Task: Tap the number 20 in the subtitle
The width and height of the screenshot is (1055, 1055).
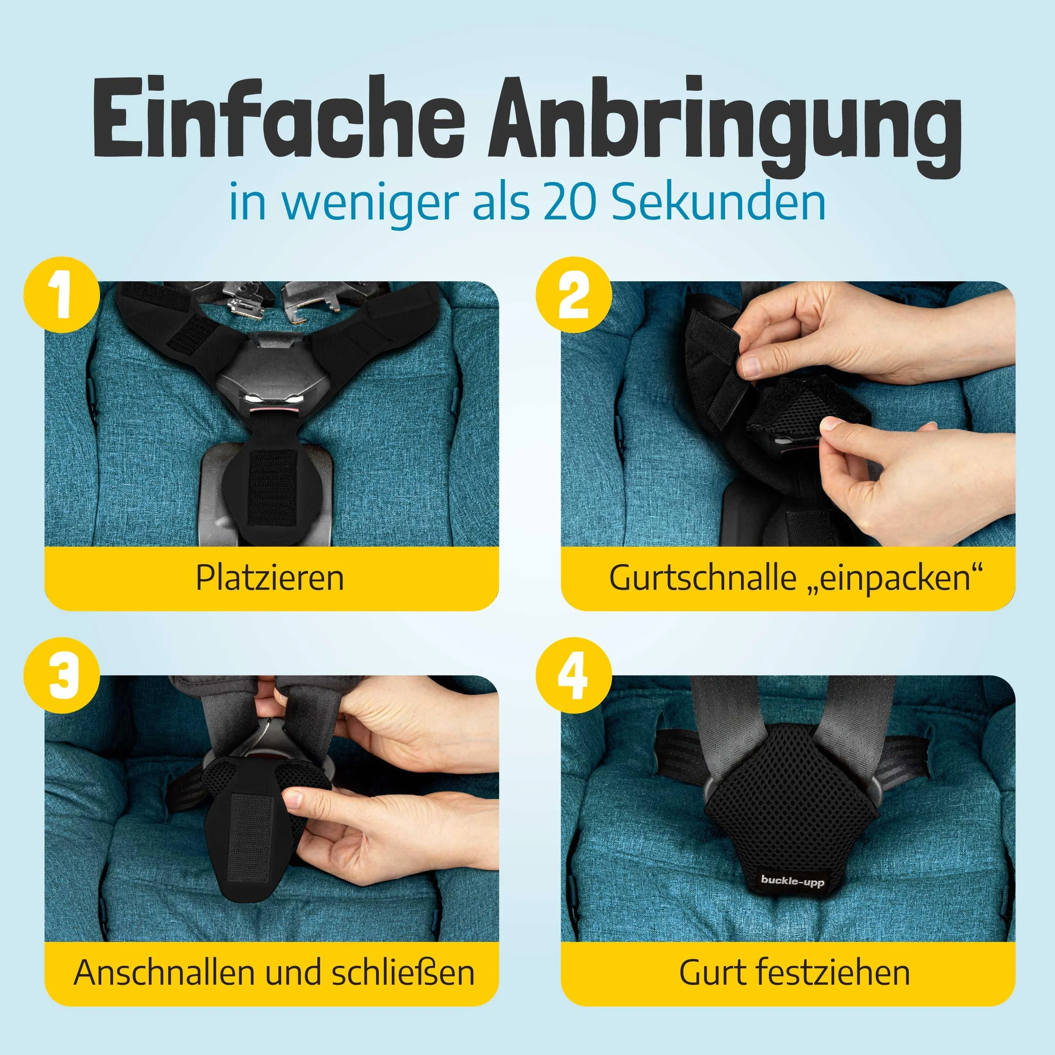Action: tap(570, 203)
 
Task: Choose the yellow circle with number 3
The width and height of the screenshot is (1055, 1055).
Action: tap(62, 675)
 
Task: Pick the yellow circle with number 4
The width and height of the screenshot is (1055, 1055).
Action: tap(573, 675)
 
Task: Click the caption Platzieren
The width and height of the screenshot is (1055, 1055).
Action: tap(270, 578)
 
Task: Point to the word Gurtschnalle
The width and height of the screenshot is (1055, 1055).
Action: tap(703, 578)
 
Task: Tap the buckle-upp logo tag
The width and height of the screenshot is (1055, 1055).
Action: tap(792, 880)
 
